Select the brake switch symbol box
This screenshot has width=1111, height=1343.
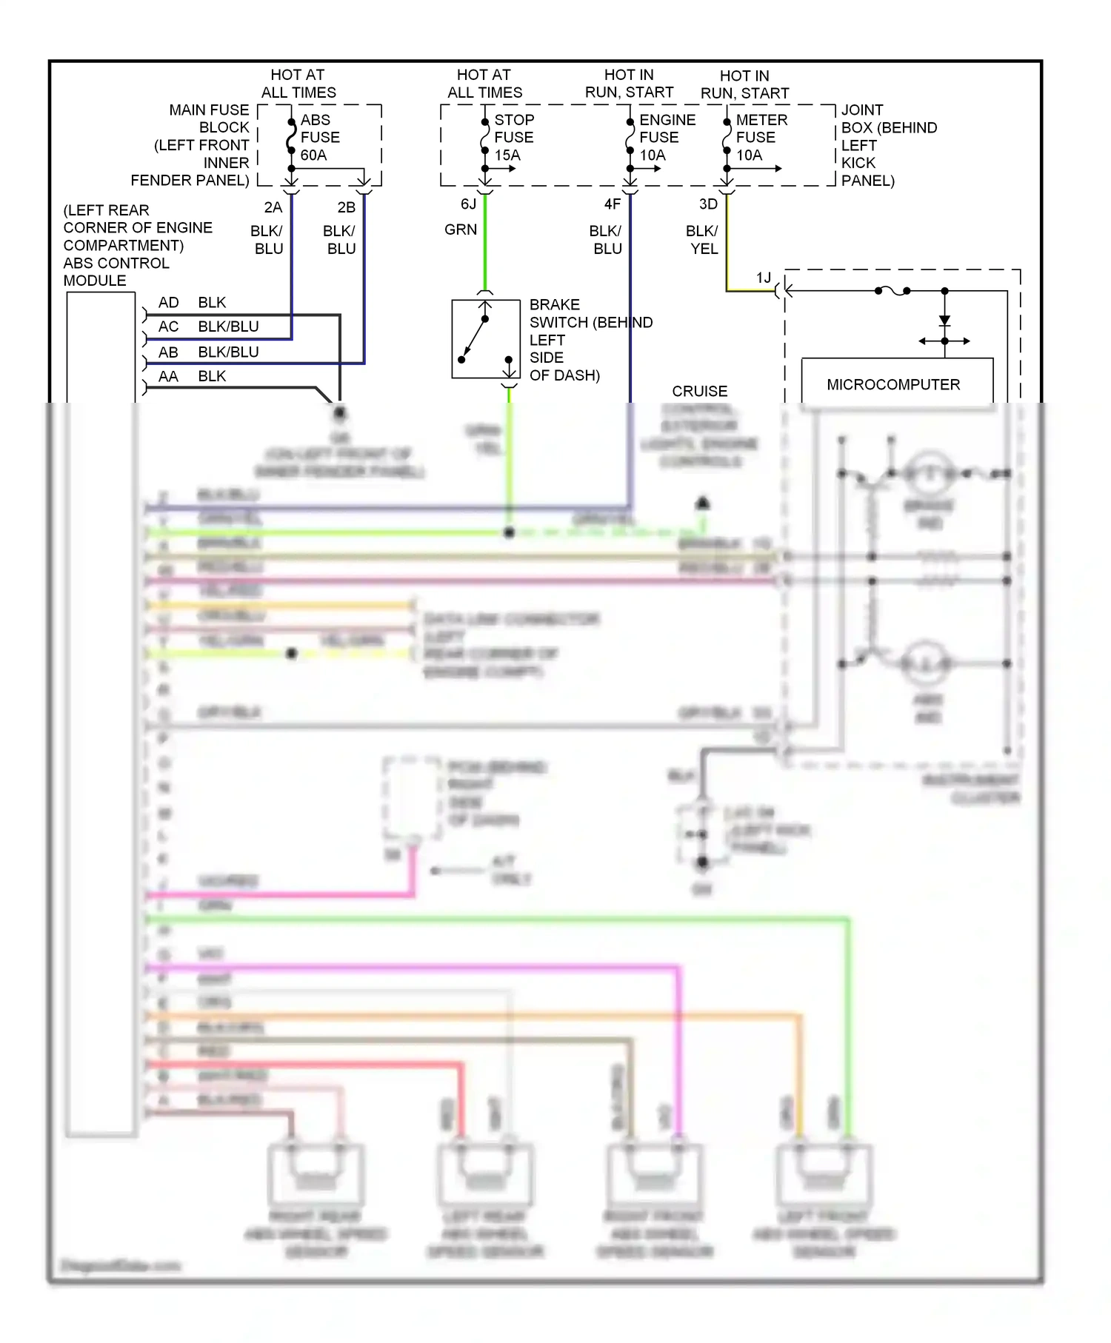click(486, 339)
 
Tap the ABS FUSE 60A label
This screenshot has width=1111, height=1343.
click(319, 137)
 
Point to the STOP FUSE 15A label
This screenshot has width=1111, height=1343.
click(513, 137)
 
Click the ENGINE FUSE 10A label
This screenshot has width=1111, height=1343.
click(666, 137)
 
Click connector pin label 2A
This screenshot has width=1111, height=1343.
click(273, 207)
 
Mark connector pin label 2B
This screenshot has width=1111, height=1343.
click(346, 207)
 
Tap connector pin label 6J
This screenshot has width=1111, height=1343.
click(468, 204)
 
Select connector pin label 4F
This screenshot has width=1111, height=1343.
click(612, 204)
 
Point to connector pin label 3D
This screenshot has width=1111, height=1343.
click(708, 204)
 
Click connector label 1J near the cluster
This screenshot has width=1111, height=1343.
click(763, 278)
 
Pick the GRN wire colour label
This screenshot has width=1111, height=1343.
click(460, 230)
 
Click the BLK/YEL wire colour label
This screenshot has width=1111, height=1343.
click(702, 239)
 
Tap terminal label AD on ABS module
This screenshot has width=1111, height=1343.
click(168, 302)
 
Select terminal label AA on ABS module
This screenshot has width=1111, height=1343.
click(168, 376)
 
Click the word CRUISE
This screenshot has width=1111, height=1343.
click(699, 391)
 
